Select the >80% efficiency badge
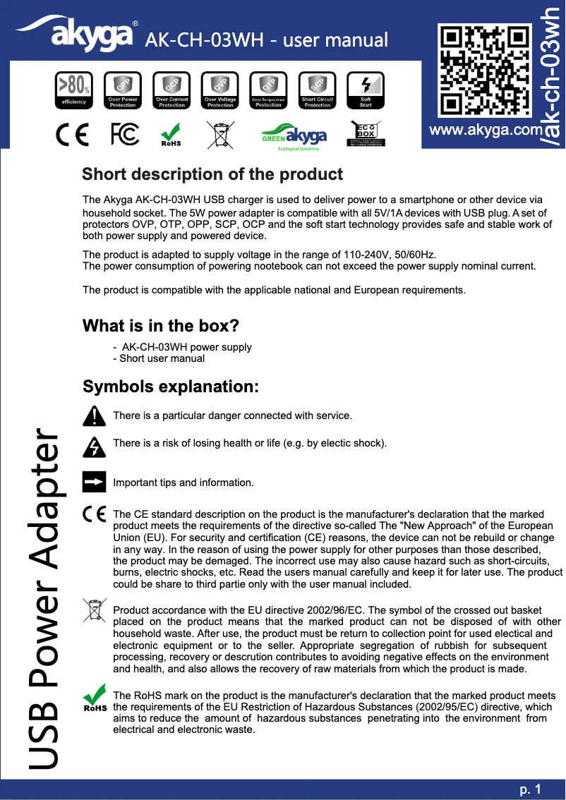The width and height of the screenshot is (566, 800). tap(73, 90)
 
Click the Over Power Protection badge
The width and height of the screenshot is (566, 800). tap(123, 90)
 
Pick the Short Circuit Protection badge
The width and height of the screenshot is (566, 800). tap(318, 90)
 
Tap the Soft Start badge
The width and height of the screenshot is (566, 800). tap(366, 90)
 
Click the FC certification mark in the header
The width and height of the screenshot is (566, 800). tap(126, 135)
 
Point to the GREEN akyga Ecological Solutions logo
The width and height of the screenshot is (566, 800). tap(294, 138)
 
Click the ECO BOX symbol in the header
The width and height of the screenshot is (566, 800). tap(366, 134)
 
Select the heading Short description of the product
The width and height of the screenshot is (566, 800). tap(212, 174)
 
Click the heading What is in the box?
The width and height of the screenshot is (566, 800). tap(160, 326)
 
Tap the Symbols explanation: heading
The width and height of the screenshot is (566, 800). tap(171, 387)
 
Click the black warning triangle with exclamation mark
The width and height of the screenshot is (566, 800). tap(94, 416)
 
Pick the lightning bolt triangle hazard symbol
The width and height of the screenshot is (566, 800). tap(94, 446)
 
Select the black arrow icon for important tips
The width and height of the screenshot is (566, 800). tap(94, 483)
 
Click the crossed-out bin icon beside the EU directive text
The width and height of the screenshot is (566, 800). tap(94, 610)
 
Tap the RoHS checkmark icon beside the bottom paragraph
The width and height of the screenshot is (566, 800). tap(94, 698)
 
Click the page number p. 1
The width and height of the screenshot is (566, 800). tap(529, 789)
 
